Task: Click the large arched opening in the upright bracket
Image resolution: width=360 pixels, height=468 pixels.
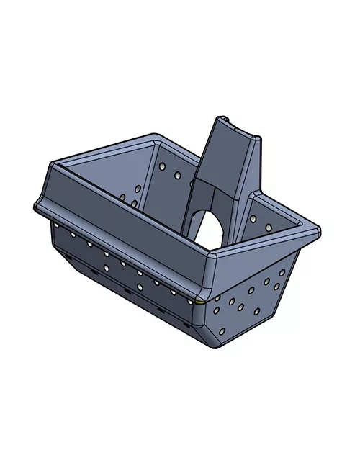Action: point(209,229)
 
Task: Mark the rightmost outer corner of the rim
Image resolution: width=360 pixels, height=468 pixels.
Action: point(318,231)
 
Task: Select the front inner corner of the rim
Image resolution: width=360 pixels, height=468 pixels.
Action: point(214,254)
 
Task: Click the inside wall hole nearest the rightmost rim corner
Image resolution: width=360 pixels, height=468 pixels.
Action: point(269,228)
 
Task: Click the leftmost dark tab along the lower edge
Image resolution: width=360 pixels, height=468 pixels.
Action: point(66,256)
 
